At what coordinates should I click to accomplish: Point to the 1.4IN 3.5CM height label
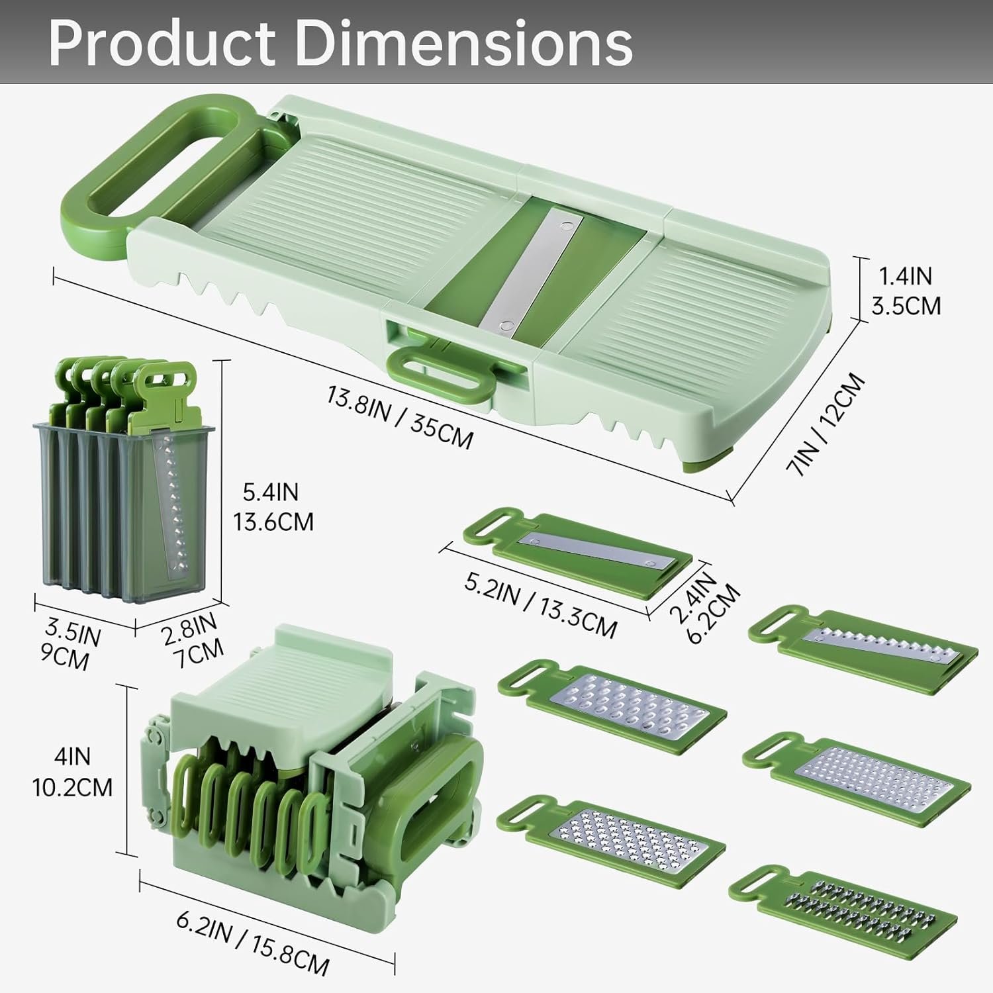[x=906, y=291]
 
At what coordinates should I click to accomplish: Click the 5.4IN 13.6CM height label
[x=273, y=506]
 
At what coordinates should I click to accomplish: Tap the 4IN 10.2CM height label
[x=73, y=772]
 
